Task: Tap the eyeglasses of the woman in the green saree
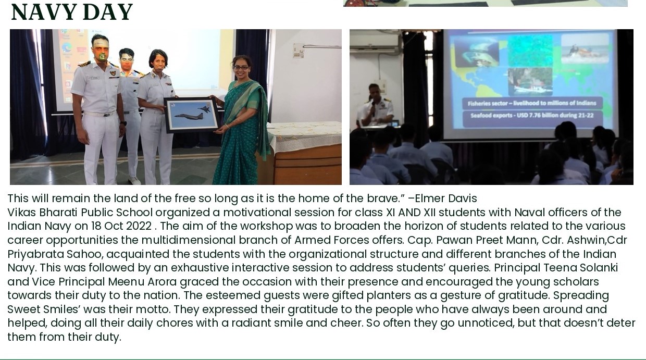(241, 68)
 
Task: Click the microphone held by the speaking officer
(373, 107)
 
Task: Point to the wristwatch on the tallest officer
(123, 123)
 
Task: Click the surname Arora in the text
(162, 281)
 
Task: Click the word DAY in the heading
(107, 12)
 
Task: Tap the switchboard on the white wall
(299, 50)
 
